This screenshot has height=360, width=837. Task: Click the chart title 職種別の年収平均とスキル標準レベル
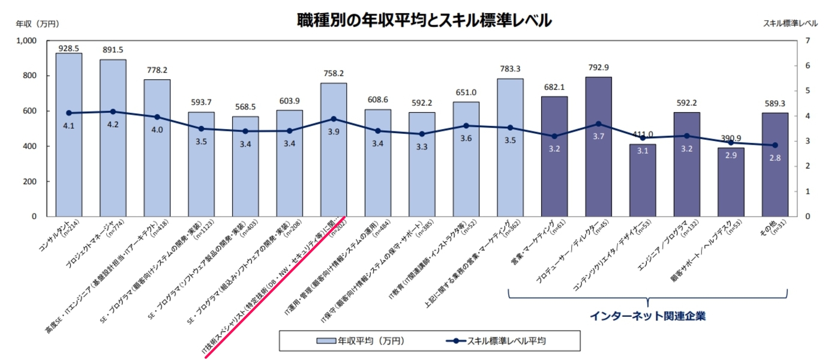click(424, 20)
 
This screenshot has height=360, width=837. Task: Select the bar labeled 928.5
click(68, 135)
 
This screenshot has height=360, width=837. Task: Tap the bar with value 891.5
click(113, 138)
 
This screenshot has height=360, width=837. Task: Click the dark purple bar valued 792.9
click(598, 147)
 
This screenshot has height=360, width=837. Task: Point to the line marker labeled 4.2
click(113, 112)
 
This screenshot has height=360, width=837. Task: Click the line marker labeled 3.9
click(334, 119)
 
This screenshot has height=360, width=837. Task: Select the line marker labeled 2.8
click(775, 145)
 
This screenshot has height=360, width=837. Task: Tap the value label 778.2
click(157, 70)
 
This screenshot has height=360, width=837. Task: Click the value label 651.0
click(466, 92)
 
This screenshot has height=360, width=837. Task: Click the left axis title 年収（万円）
click(37, 24)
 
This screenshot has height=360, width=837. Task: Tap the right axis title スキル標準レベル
click(790, 24)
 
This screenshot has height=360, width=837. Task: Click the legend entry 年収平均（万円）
click(360, 341)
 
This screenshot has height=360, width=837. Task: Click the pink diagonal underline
click(273, 285)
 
